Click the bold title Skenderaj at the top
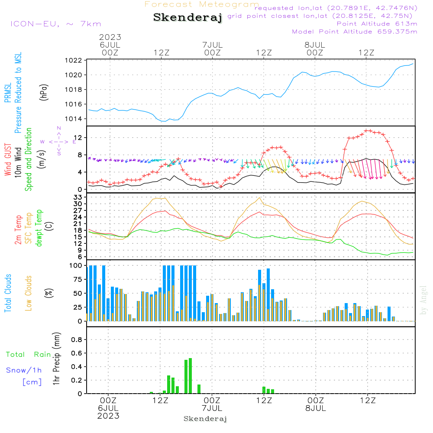click(187, 18)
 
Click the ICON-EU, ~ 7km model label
click(55, 24)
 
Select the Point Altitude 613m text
click(377, 24)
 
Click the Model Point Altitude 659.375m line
click(355, 32)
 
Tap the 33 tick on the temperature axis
click(78, 197)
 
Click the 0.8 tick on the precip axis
click(77, 340)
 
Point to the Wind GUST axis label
click(8, 160)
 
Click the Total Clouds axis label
click(8, 293)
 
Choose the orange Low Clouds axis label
click(29, 293)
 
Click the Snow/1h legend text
click(24, 370)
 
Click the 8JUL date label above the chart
click(315, 45)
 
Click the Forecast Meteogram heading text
click(202, 4)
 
